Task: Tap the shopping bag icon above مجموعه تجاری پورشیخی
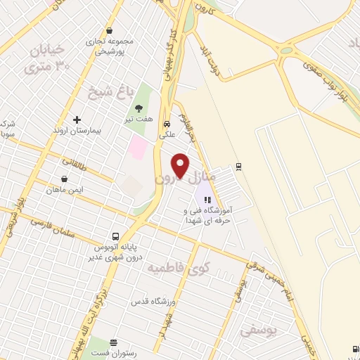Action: coord(110,30)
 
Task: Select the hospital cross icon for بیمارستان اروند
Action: coord(77,120)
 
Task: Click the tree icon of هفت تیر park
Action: coord(138,108)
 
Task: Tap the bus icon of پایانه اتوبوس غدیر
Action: coord(115,236)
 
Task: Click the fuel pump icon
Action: coord(352,349)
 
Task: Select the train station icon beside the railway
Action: coord(238,166)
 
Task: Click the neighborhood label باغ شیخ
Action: coord(101,91)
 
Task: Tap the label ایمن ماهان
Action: coord(64,190)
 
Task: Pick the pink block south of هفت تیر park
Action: coord(138,148)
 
